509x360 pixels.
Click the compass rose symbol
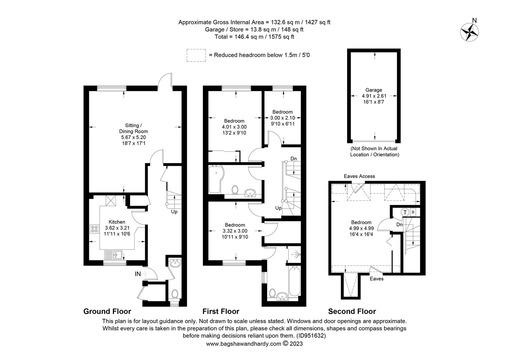click(x=469, y=32)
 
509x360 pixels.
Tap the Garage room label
click(x=373, y=90)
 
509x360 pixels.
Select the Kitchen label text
click(x=117, y=222)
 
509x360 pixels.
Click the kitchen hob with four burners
click(x=95, y=229)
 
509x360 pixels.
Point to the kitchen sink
click(x=113, y=255)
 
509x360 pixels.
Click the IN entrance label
click(x=138, y=274)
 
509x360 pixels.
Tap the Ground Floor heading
click(x=107, y=311)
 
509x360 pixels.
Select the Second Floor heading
click(x=352, y=311)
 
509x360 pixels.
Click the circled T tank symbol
click(x=405, y=212)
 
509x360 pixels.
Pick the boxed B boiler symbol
click(x=413, y=212)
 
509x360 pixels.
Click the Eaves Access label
click(x=359, y=176)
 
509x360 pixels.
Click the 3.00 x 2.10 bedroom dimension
click(x=282, y=118)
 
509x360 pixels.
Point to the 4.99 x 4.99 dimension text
click(x=361, y=228)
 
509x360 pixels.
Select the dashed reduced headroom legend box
click(x=196, y=55)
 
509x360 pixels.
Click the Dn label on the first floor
click(x=293, y=159)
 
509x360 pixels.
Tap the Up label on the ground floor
click(x=174, y=212)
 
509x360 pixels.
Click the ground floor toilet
click(x=175, y=294)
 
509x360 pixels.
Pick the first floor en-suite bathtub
click(x=295, y=282)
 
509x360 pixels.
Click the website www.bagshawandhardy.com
click(x=244, y=344)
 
